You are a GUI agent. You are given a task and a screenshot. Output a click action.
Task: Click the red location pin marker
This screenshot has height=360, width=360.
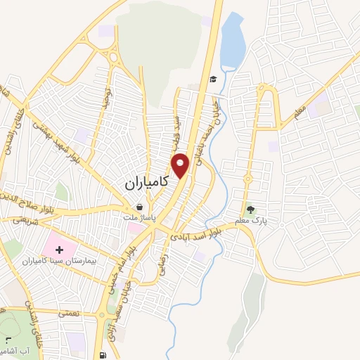[x=181, y=165]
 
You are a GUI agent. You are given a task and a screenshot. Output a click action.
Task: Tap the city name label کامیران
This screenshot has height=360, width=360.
[x=148, y=182]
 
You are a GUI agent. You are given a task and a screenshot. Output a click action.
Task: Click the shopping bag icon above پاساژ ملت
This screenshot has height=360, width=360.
[x=140, y=208]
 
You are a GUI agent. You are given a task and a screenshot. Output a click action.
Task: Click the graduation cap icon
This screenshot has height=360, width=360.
[x=213, y=79]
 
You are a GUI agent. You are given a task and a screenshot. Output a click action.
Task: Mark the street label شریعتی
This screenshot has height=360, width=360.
[x=23, y=220]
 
